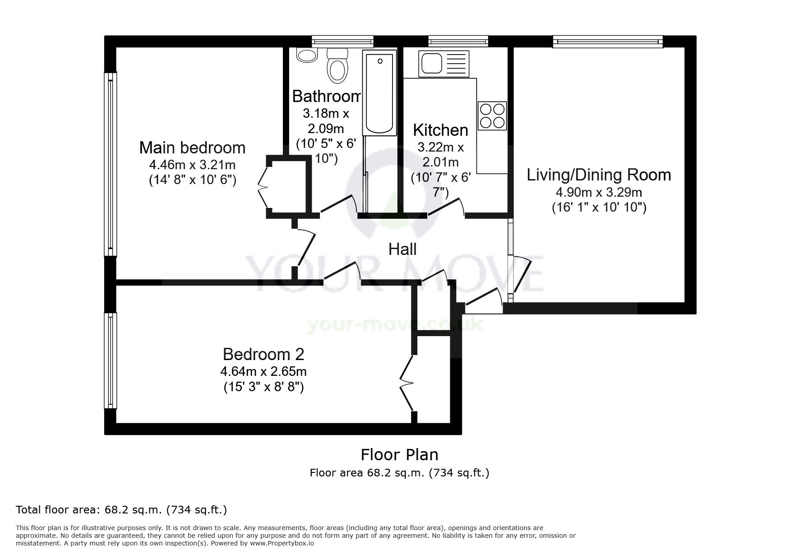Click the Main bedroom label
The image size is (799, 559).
click(x=192, y=148)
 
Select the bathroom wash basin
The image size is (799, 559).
click(x=307, y=55)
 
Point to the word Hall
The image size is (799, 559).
click(x=402, y=249)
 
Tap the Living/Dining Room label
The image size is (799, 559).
click(x=599, y=175)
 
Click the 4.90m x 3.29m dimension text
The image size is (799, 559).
click(x=599, y=193)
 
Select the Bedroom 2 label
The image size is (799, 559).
click(x=263, y=354)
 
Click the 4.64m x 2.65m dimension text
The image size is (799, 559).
click(x=263, y=372)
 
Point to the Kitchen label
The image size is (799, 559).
click(x=440, y=130)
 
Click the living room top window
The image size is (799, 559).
click(x=608, y=42)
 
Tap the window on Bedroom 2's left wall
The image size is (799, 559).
click(x=111, y=361)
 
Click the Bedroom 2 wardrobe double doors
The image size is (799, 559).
click(x=406, y=383)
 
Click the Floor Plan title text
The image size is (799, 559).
click(x=399, y=454)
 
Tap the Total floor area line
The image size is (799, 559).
click(x=121, y=510)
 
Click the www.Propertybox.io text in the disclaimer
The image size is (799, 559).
click(x=282, y=543)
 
